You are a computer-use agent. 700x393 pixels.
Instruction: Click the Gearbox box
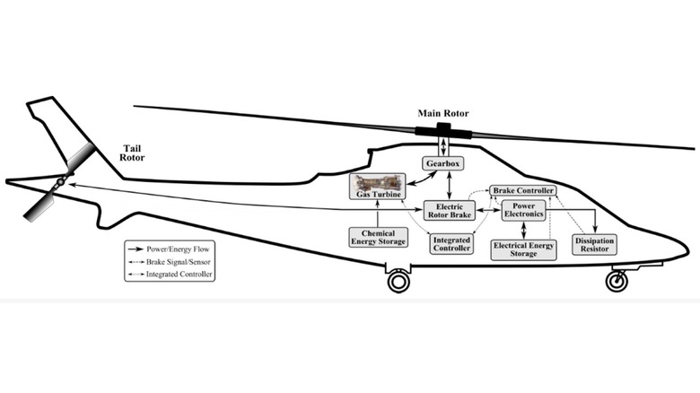pyautogui.click(x=442, y=164)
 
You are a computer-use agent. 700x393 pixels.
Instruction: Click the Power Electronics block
pyautogui.click(x=523, y=210)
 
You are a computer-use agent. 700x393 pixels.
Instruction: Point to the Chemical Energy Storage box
pyautogui.click(x=378, y=237)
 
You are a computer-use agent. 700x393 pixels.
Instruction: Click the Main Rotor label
pyautogui.click(x=443, y=114)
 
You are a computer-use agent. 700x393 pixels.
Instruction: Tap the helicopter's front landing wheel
pyautogui.click(x=617, y=281)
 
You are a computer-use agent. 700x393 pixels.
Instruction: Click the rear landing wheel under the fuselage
pyautogui.click(x=398, y=282)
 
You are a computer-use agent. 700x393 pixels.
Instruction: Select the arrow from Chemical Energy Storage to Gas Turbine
pyautogui.click(x=377, y=215)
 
